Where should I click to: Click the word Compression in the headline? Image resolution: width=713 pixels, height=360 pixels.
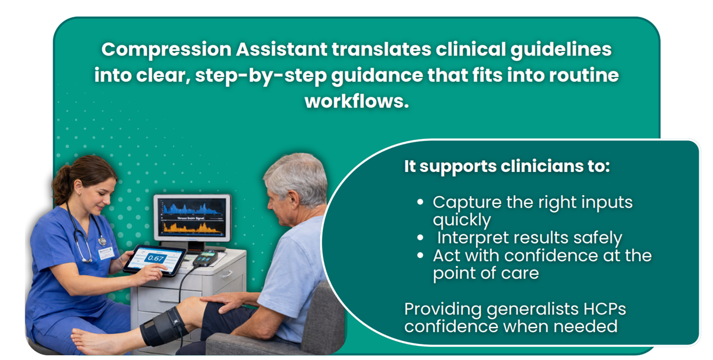pyautogui.click(x=167, y=50)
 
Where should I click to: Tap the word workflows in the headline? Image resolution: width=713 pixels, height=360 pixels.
pyautogui.click(x=356, y=101)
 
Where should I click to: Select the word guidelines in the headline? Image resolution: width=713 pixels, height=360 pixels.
pyautogui.click(x=561, y=50)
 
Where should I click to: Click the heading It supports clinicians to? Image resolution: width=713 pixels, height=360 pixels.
pyautogui.click(x=507, y=166)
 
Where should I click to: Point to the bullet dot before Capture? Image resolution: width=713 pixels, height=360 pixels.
pyautogui.click(x=420, y=202)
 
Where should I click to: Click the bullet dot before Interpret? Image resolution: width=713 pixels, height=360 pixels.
pyautogui.click(x=420, y=238)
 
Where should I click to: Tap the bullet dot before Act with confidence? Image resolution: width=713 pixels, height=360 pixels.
pyautogui.click(x=420, y=255)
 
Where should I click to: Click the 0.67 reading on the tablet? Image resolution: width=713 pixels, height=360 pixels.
pyautogui.click(x=155, y=258)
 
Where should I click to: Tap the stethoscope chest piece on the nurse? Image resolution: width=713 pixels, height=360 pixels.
pyautogui.click(x=102, y=241)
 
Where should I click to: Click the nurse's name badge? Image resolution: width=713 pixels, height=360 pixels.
pyautogui.click(x=106, y=254)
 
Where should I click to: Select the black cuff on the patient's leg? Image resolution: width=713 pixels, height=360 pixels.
pyautogui.click(x=164, y=326)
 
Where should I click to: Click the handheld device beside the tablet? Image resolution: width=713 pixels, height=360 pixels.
pyautogui.click(x=205, y=258)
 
